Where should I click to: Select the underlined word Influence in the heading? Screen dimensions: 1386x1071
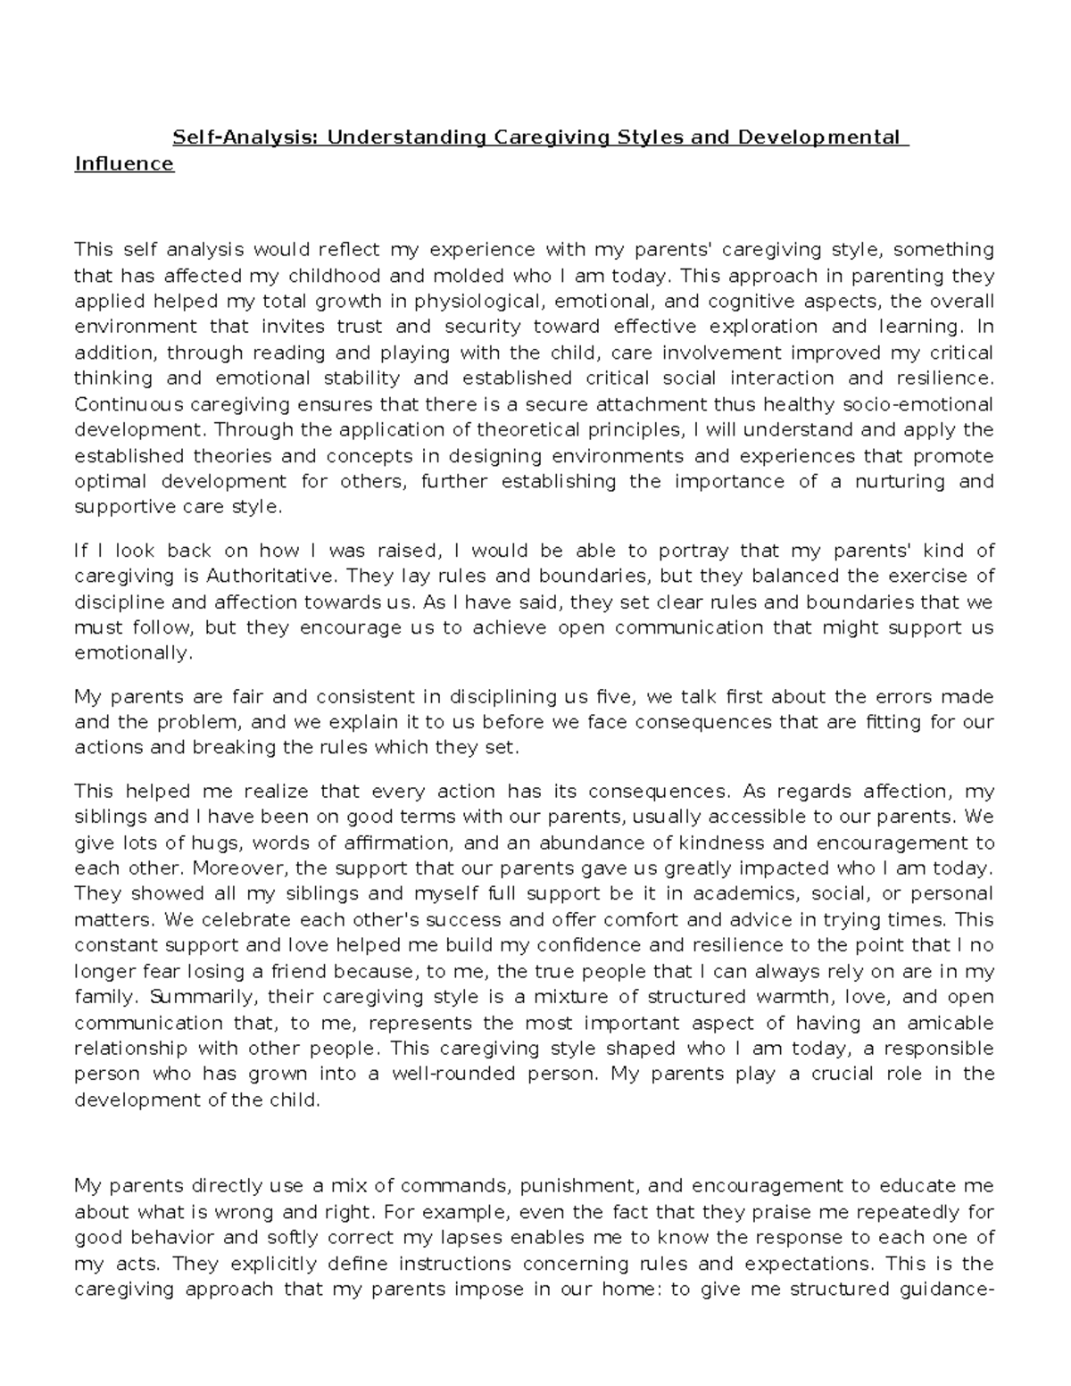click(124, 163)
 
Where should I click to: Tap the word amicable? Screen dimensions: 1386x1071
click(948, 1022)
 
